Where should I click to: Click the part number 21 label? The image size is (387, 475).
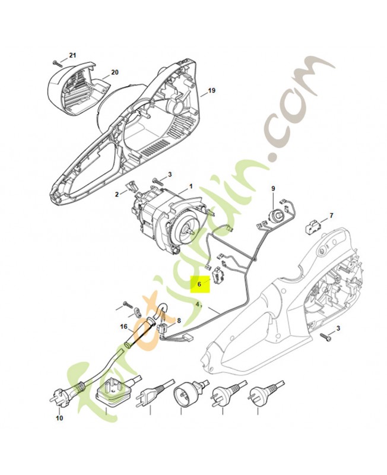pyautogui.click(x=72, y=55)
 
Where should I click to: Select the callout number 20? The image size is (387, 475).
pyautogui.click(x=115, y=72)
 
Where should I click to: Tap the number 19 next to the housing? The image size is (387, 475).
pyautogui.click(x=212, y=90)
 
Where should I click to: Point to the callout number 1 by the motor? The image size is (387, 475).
pyautogui.click(x=191, y=186)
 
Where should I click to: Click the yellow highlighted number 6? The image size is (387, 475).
pyautogui.click(x=199, y=284)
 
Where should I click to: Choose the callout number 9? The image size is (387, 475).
pyautogui.click(x=273, y=188)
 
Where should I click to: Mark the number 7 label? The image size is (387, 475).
pyautogui.click(x=331, y=216)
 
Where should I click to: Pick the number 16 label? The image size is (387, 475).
pyautogui.click(x=123, y=327)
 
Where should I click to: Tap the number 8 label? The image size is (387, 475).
pyautogui.click(x=179, y=320)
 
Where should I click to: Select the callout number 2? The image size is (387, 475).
pyautogui.click(x=116, y=194)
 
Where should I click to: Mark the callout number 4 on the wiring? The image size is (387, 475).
pyautogui.click(x=198, y=305)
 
